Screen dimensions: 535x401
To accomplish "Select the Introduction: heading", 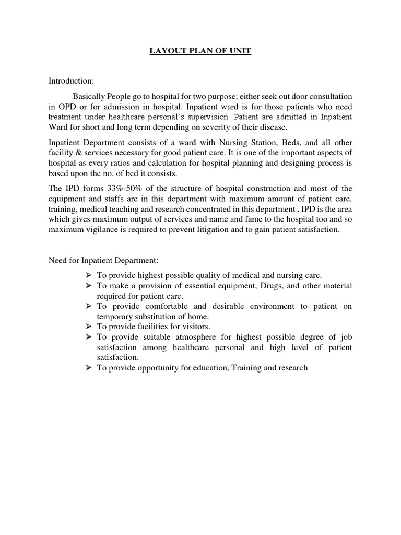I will (x=72, y=81).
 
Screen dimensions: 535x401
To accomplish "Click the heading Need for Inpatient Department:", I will (x=100, y=260).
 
